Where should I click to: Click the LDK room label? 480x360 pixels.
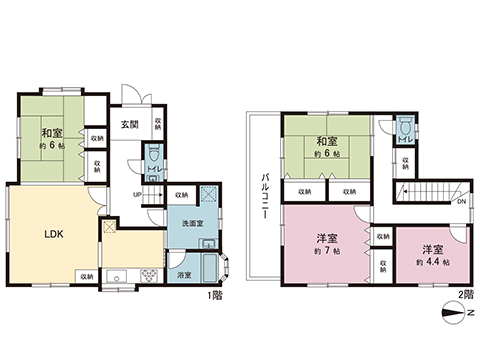pyautogui.click(x=53, y=236)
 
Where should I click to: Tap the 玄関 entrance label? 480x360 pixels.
pyautogui.click(x=130, y=125)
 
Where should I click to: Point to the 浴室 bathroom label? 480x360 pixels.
pyautogui.click(x=184, y=274)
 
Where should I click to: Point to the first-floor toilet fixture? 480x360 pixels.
pyautogui.click(x=153, y=156)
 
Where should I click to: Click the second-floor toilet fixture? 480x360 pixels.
pyautogui.click(x=405, y=132)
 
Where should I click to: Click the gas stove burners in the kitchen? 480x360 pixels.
pyautogui.click(x=142, y=274)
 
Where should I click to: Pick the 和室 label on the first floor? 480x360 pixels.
pyautogui.click(x=52, y=134)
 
